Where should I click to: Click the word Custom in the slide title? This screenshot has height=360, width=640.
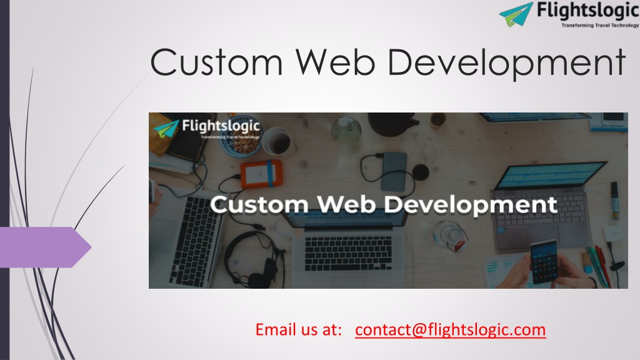coord(216,62)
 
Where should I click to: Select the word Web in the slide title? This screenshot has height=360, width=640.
coord(336,62)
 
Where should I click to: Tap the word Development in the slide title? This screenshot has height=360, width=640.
coord(506,64)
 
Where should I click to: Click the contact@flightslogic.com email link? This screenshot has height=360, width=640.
coord(450,329)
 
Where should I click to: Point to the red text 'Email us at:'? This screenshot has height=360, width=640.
coord(298,329)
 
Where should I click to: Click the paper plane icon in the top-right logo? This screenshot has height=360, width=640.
coord(516,14)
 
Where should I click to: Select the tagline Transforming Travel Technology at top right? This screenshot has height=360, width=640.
coord(600,25)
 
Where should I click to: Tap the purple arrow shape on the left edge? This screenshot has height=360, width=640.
coord(45,247)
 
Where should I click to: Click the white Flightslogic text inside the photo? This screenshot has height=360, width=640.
coord(221,126)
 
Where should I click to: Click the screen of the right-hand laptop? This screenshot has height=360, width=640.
coord(551,176)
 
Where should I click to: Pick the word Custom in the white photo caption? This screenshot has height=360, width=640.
coord(259,204)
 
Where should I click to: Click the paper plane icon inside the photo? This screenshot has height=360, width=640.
coord(166,129)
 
